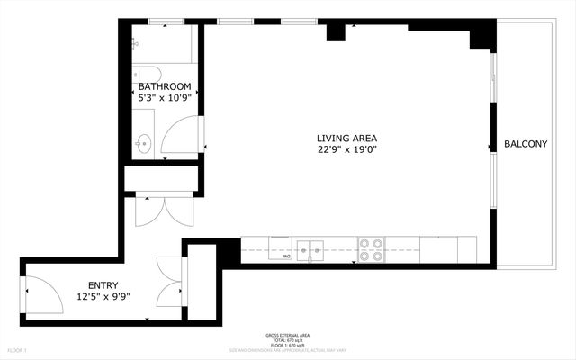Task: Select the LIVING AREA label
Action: click(346, 138)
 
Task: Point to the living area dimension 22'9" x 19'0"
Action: click(346, 150)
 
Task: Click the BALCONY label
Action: click(526, 144)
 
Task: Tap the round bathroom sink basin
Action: click(143, 141)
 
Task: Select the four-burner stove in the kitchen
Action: click(371, 249)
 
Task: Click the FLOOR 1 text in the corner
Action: click(17, 349)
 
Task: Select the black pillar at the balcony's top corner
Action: click(482, 35)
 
